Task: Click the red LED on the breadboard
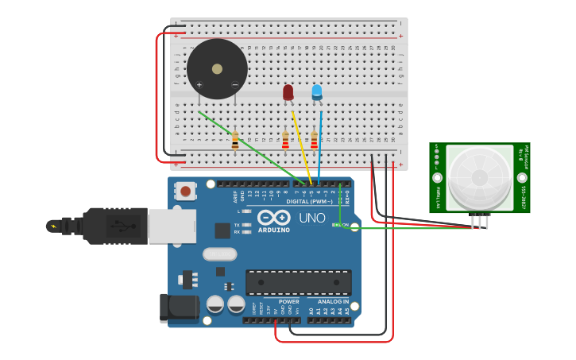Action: [288, 92]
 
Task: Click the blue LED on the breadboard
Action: [317, 92]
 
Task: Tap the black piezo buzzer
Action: [217, 69]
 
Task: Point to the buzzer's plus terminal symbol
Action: [199, 84]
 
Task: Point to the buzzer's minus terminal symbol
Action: [234, 84]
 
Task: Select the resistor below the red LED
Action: [285, 140]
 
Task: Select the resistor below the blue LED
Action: [314, 140]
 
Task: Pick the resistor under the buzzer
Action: [235, 141]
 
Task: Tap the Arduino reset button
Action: [186, 191]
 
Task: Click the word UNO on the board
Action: [311, 218]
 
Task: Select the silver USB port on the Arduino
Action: [172, 226]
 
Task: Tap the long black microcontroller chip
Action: [298, 282]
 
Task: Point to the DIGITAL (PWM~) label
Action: [309, 201]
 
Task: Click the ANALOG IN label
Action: [334, 302]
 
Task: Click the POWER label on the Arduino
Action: [288, 302]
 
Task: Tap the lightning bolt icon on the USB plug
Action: [54, 226]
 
